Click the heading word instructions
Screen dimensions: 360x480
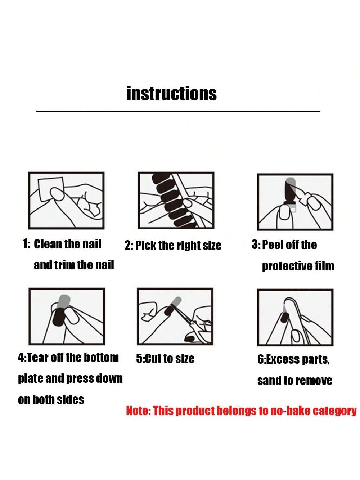pos(172,94)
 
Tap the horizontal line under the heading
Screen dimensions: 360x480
pos(178,111)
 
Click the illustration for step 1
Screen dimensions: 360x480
pos(66,201)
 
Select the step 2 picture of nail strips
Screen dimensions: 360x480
pos(176,200)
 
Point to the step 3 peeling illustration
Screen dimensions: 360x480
pos(295,202)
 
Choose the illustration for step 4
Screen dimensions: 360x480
pos(67,316)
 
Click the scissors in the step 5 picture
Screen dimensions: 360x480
pos(192,319)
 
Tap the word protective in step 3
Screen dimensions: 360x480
pos(287,266)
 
